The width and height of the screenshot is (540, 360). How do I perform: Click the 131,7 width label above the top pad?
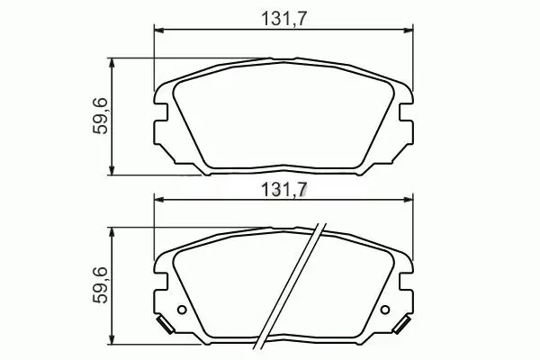[x=283, y=19]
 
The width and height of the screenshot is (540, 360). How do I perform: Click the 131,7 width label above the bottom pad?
[x=283, y=189]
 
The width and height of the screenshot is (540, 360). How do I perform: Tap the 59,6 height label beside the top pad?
[x=100, y=115]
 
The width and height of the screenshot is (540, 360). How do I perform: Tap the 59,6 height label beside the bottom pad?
[x=100, y=285]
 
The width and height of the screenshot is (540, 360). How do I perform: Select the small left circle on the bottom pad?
[x=182, y=310]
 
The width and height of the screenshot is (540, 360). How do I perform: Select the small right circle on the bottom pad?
[x=385, y=310]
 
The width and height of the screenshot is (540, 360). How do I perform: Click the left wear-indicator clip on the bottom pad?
[x=165, y=325]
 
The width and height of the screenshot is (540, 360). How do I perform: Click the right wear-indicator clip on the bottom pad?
[x=402, y=325]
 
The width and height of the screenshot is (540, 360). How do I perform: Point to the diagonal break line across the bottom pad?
[x=290, y=286]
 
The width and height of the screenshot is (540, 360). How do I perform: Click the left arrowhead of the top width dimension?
[x=158, y=31]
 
